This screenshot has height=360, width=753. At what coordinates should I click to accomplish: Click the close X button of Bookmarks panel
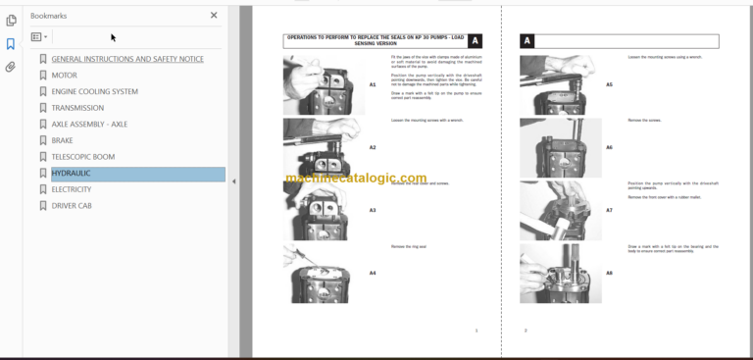214,16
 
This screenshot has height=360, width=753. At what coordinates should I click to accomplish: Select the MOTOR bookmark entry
64,76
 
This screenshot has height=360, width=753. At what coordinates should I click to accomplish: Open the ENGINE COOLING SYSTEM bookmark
94,92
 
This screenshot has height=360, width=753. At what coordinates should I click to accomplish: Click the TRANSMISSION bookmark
77,109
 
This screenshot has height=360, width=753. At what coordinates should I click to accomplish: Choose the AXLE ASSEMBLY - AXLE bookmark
89,125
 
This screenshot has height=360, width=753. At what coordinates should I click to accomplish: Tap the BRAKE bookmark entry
62,141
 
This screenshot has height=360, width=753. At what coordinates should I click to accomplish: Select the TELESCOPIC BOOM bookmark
82,157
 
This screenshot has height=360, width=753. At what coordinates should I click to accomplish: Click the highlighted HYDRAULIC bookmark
71,174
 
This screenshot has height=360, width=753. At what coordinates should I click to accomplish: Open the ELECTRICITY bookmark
71,189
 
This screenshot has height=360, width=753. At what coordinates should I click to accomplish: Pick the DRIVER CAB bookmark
72,206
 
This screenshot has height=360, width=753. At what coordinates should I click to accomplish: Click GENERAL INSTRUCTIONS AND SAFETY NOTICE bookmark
127,59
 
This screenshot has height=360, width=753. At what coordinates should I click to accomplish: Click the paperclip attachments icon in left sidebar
11,68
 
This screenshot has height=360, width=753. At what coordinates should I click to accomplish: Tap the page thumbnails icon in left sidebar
11,20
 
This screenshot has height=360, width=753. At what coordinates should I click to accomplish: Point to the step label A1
373,85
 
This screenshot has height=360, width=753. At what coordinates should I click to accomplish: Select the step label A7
609,210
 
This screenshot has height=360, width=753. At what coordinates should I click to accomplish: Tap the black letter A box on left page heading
476,41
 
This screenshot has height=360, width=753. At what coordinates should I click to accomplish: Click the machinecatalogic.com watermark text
356,179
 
